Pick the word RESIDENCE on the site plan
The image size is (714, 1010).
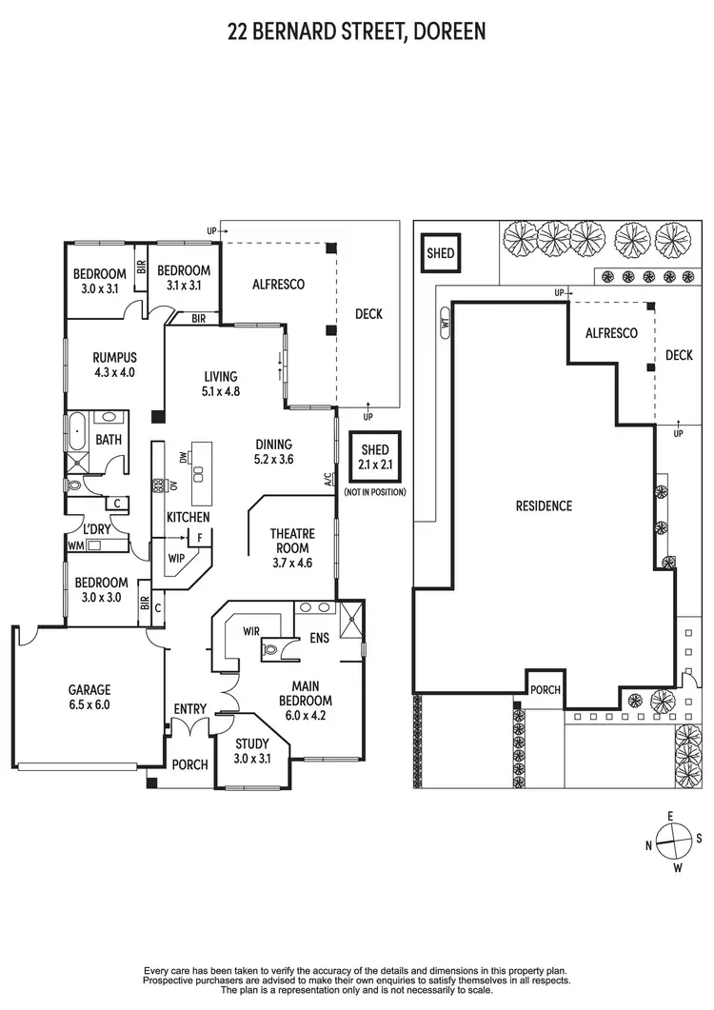tap(545, 505)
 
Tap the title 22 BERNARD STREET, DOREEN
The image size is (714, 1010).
tap(357, 31)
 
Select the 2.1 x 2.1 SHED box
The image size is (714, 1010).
tap(376, 459)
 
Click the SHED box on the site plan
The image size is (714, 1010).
tap(440, 253)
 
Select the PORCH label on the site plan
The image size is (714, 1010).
tap(545, 689)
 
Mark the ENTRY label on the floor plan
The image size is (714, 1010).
tap(190, 708)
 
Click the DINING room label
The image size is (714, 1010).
tap(274, 451)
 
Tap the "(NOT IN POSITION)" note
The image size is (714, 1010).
tap(376, 492)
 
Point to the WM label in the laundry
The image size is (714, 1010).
tap(74, 546)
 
